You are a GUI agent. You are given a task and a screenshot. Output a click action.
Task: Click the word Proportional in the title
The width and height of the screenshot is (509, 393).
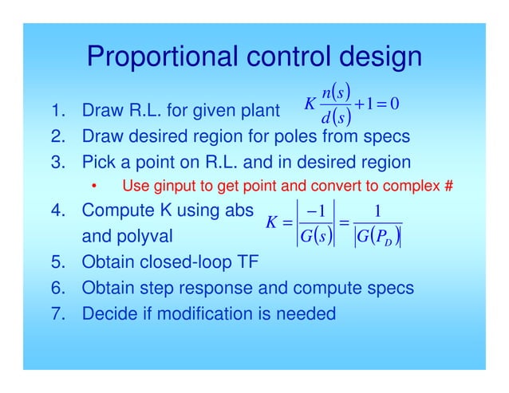click(152, 57)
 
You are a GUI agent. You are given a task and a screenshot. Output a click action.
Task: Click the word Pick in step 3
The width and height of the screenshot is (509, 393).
click(99, 163)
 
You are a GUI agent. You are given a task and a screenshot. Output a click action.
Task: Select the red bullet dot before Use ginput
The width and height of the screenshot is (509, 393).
click(94, 188)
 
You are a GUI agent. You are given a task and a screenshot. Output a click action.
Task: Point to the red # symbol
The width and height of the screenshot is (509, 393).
click(448, 188)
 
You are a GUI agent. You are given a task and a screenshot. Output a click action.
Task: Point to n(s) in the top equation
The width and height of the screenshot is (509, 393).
click(333, 87)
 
